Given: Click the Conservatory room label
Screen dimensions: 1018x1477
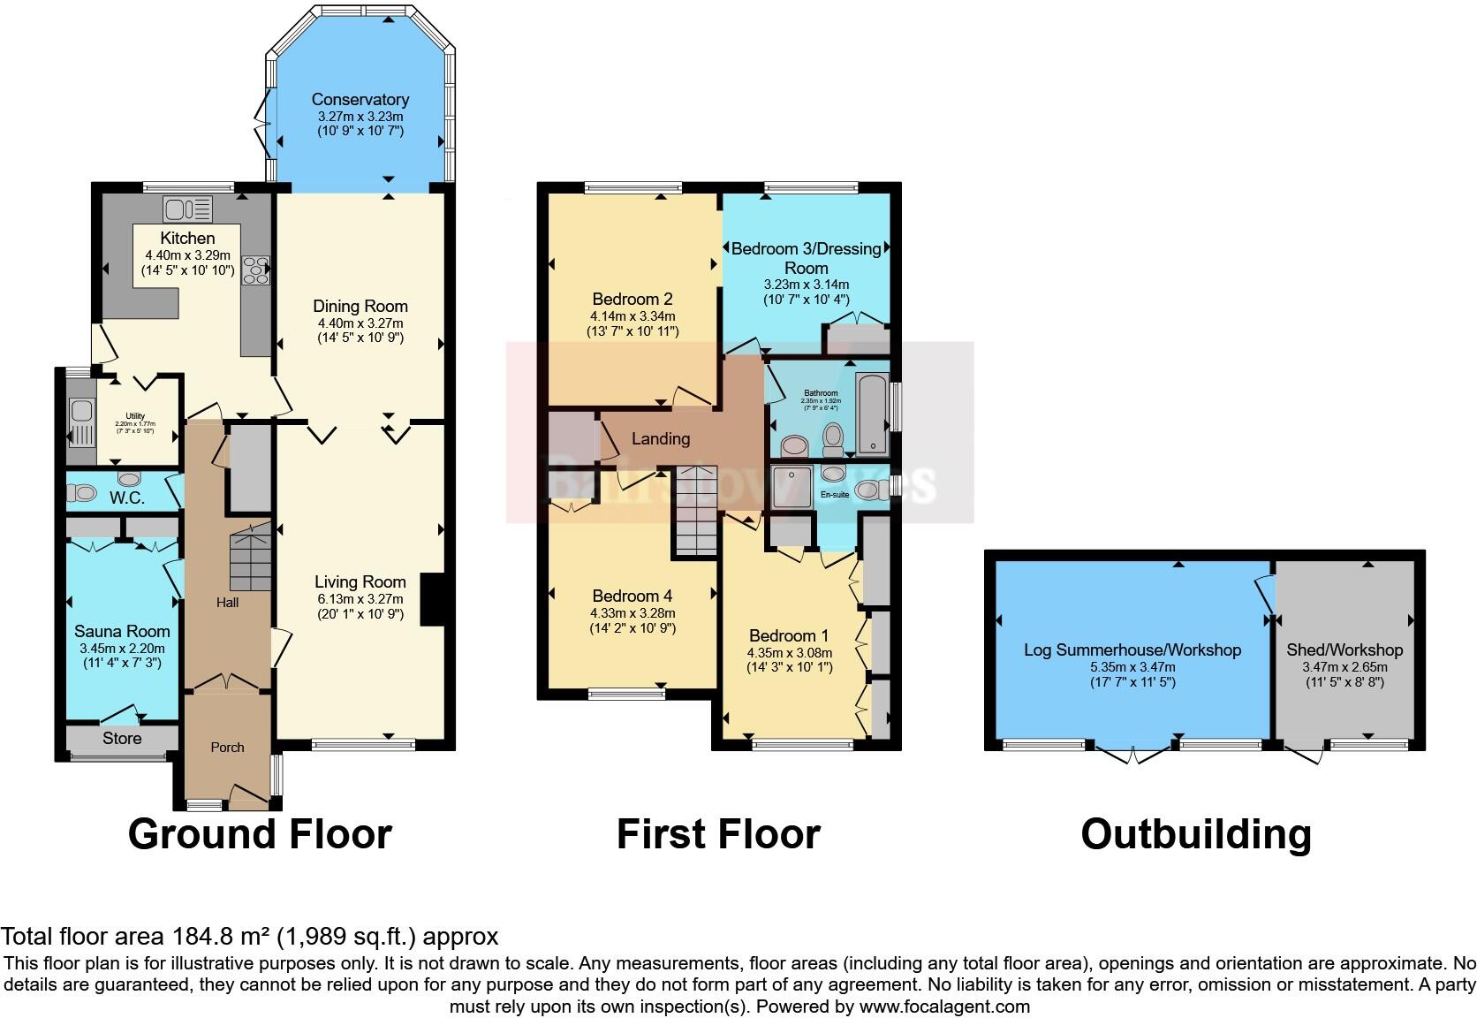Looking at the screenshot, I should pyautogui.click(x=360, y=100).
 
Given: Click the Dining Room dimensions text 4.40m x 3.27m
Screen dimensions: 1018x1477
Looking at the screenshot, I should pyautogui.click(x=360, y=323).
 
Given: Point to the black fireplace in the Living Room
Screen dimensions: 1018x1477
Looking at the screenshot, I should pyautogui.click(x=432, y=600).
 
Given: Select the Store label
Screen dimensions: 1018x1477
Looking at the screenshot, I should pyautogui.click(x=122, y=738).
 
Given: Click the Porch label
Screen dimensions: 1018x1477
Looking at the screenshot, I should pyautogui.click(x=227, y=748).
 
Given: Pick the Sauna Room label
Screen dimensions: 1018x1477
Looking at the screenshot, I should pyautogui.click(x=122, y=632).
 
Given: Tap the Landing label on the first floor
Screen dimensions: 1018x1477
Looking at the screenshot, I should pyautogui.click(x=661, y=438).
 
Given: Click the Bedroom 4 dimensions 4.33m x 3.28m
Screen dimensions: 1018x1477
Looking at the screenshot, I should pyautogui.click(x=632, y=613).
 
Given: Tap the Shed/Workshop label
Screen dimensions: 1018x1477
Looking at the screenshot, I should pyautogui.click(x=1344, y=650).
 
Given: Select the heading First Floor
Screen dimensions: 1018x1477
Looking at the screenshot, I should pyautogui.click(x=718, y=834).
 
